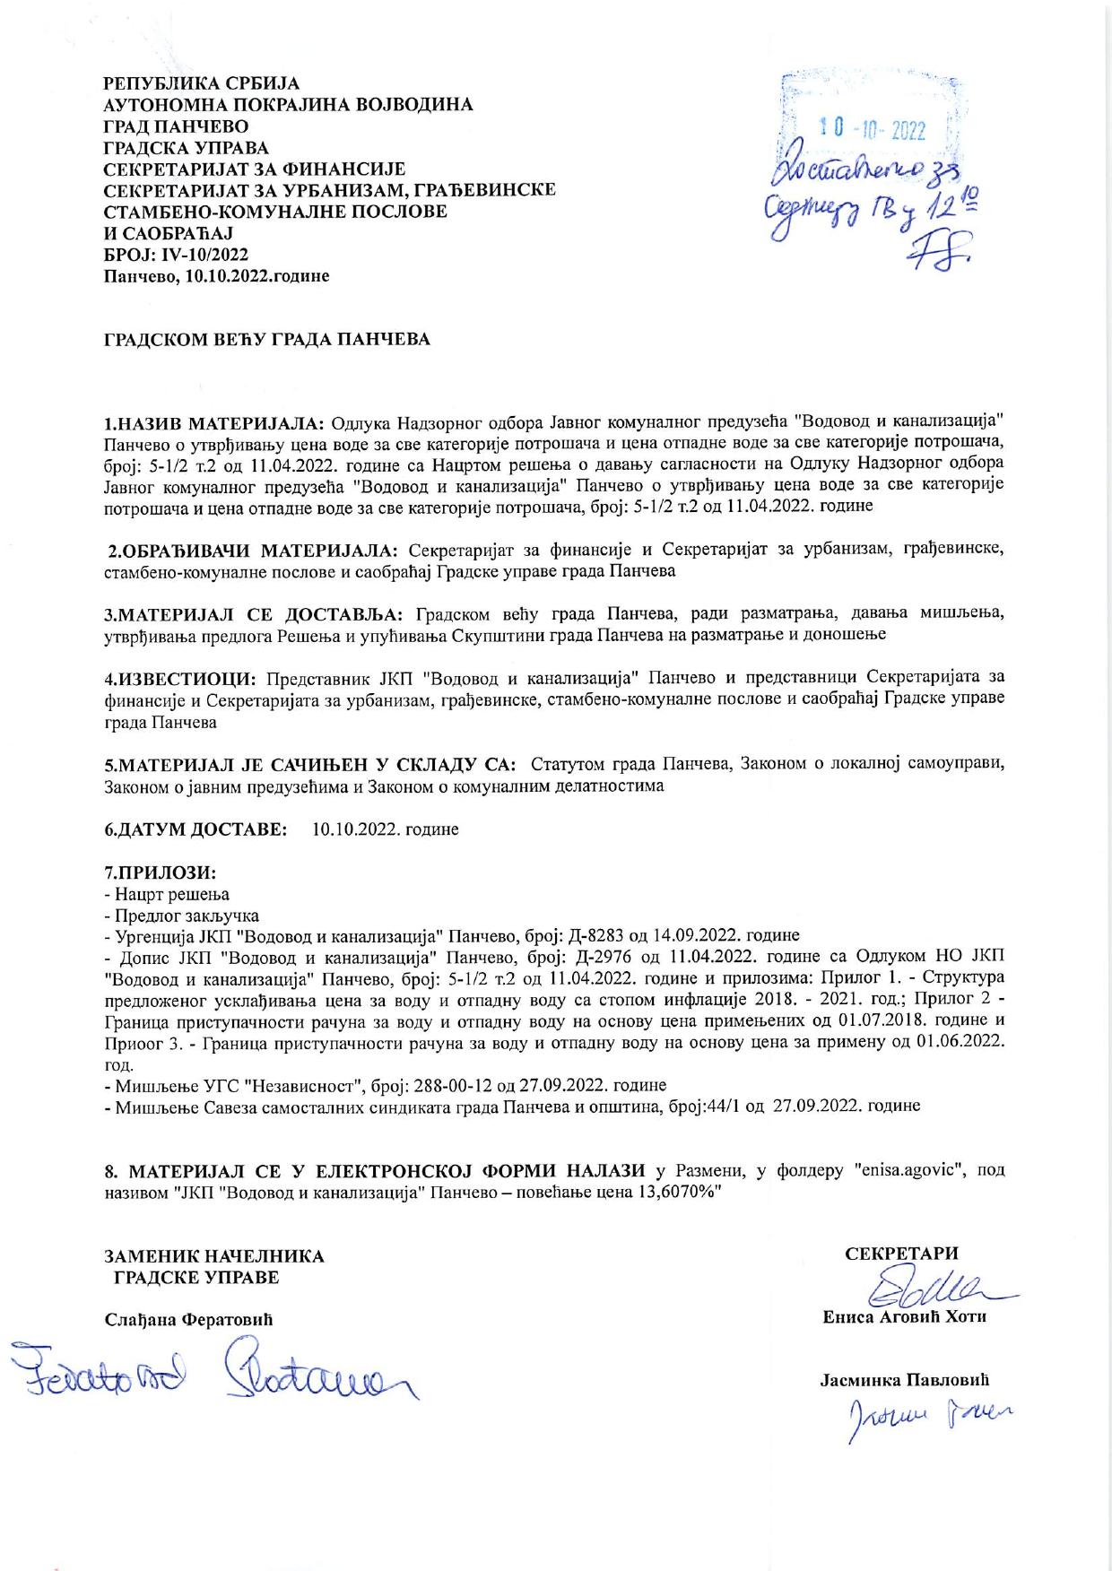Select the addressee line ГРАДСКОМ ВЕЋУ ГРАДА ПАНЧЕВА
pyautogui.click(x=267, y=340)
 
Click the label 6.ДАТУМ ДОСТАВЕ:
pyautogui.click(x=196, y=829)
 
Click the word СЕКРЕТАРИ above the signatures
pyautogui.click(x=901, y=1254)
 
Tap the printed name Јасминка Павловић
pyautogui.click(x=904, y=1381)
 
